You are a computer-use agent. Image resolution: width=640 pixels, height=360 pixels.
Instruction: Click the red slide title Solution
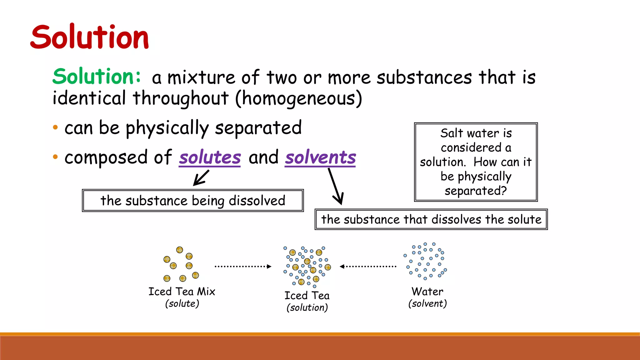pos(90,37)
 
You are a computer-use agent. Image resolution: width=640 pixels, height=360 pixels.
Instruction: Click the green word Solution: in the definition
pos(97,77)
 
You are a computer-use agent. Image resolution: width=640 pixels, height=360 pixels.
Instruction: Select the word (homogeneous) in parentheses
pos(298,98)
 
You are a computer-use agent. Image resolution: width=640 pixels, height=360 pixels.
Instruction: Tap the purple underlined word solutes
pos(210,157)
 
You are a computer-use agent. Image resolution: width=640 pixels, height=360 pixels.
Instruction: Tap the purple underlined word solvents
pos(320,157)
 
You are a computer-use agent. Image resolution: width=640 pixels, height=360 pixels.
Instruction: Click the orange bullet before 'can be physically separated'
pos(55,127)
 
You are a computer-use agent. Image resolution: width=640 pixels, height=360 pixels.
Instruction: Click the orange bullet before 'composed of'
pos(55,157)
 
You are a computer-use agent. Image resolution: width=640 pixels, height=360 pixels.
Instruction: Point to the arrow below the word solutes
pos(201,178)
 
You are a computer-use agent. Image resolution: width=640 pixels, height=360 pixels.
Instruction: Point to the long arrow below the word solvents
pos(335,186)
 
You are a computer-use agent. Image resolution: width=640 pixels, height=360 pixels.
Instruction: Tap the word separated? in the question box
pos(476,191)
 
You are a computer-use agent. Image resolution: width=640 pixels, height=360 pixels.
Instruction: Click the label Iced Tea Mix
pos(182,292)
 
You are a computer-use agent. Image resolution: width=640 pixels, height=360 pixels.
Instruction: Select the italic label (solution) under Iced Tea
pos(307,308)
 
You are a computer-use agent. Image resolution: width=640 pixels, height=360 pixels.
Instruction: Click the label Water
pos(427,292)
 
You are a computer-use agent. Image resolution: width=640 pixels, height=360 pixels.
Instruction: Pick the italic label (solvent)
pos(427,304)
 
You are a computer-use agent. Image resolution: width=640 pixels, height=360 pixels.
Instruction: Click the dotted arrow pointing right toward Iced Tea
pos(243,267)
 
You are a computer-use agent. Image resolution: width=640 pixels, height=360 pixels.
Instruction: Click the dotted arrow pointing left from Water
pos(368,267)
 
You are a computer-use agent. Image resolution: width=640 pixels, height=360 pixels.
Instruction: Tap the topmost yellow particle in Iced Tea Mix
pos(179,250)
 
